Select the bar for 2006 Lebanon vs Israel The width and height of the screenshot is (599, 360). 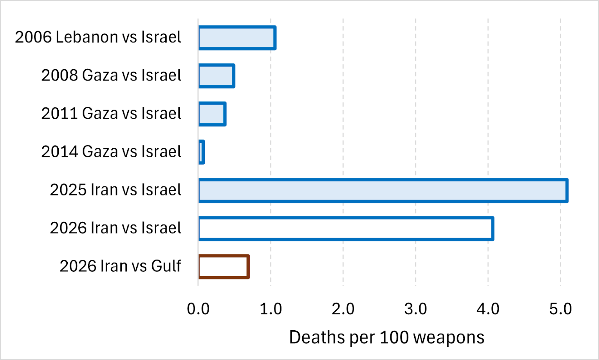[x=237, y=38]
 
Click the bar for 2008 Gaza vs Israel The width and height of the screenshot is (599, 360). [x=217, y=76]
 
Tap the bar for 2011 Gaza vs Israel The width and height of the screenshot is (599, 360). [x=212, y=114]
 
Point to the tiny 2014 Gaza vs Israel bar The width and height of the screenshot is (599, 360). [x=202, y=152]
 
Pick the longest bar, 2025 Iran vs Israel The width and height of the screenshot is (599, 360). [x=383, y=190]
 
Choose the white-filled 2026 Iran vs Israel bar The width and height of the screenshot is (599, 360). [x=346, y=229]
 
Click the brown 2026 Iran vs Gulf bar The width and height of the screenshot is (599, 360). [x=224, y=267]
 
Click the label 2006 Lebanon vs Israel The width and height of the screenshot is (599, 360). [x=98, y=37]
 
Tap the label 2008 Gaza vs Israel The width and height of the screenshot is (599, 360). [x=111, y=75]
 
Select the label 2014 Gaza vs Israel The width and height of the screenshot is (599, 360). [x=111, y=151]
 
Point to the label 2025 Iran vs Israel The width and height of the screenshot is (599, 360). [x=115, y=190]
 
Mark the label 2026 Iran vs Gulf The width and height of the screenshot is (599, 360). [x=120, y=266]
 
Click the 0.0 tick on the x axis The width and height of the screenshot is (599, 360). [x=198, y=309]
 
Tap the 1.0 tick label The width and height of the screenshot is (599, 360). [x=271, y=309]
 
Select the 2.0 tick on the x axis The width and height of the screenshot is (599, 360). [x=343, y=309]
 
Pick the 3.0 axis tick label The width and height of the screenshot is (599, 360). [x=416, y=309]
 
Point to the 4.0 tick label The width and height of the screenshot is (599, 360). [x=488, y=309]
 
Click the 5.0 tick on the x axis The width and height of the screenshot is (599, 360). [x=560, y=309]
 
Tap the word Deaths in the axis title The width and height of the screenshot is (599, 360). [x=317, y=337]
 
